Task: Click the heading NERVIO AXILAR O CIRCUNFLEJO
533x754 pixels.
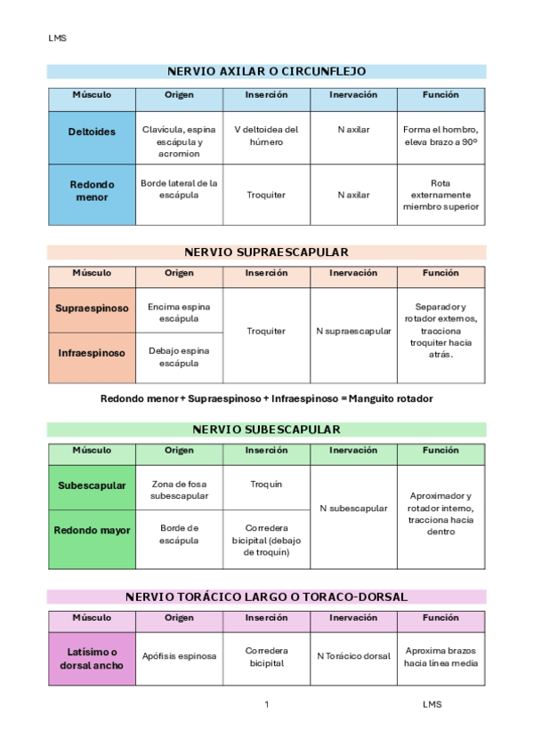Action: [x=266, y=71]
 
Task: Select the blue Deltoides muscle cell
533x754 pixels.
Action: [x=92, y=132]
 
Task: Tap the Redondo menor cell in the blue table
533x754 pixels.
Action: [x=92, y=191]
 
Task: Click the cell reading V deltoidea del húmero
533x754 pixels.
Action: [x=266, y=135]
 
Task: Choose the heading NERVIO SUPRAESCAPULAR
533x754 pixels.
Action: [x=266, y=252]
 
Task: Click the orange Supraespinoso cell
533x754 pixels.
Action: [x=92, y=309]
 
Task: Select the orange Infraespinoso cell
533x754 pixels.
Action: [x=92, y=353]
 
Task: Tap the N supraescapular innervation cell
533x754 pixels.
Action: [x=353, y=331]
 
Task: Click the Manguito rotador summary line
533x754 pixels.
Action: [x=267, y=398]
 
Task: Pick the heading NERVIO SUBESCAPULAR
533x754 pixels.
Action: [x=266, y=429]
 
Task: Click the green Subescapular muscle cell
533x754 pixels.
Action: [x=92, y=486]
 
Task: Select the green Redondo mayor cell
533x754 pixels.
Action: [x=92, y=531]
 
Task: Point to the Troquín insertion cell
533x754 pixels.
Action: [x=266, y=484]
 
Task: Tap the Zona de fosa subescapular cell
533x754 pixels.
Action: [x=179, y=489]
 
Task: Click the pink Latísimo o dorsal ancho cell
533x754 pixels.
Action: [x=92, y=659]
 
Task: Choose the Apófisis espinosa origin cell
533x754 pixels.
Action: [x=179, y=656]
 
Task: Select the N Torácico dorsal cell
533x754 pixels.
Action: [x=353, y=656]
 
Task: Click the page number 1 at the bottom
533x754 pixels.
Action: [x=266, y=705]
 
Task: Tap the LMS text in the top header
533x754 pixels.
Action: [x=57, y=38]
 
